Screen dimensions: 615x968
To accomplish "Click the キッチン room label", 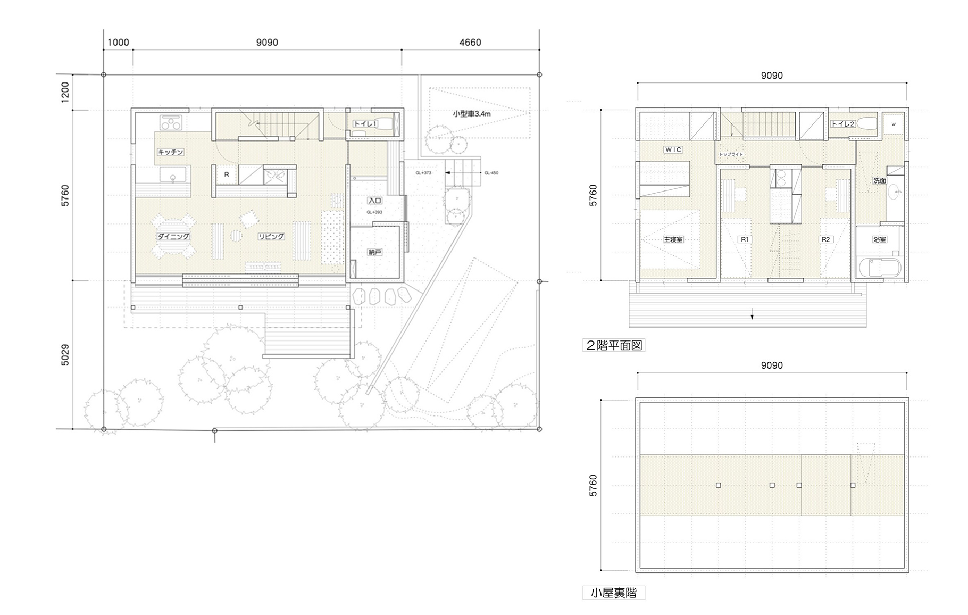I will (x=171, y=152).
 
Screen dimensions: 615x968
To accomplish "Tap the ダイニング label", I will (x=173, y=236).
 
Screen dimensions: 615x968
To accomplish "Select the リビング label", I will (x=271, y=236).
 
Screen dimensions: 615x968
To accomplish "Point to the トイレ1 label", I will (x=365, y=124).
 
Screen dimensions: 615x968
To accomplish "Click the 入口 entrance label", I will (x=375, y=201).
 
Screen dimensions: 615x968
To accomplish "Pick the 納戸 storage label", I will (x=375, y=252).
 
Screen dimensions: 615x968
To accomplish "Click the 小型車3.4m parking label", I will (x=472, y=114).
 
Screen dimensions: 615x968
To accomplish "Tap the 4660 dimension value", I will (x=470, y=43).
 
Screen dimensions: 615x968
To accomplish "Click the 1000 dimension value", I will (x=118, y=43).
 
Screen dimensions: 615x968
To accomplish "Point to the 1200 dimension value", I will (x=65, y=93).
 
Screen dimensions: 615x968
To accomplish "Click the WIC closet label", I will (x=673, y=150).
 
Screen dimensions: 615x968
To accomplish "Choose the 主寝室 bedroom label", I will (x=673, y=239).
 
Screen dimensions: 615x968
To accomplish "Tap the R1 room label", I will (x=745, y=239).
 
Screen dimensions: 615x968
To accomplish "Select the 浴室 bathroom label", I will (x=880, y=239).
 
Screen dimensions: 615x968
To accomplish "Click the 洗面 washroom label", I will (x=880, y=181).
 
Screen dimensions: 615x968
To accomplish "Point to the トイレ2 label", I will (x=843, y=124).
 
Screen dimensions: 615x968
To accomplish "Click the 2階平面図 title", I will (x=614, y=345).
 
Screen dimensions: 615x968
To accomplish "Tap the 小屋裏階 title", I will (x=614, y=593).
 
